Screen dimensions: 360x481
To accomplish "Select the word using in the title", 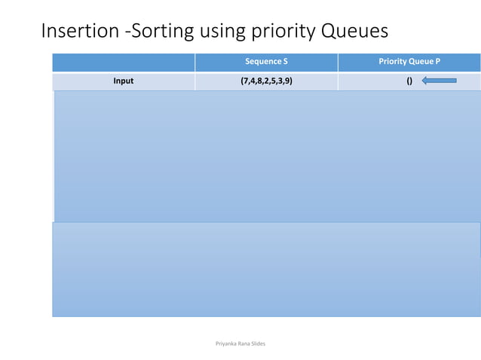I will [223, 32].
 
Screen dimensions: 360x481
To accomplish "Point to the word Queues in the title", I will [354, 32].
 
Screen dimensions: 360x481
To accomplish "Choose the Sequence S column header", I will [266, 62].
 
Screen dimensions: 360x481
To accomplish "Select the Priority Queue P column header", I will [409, 62].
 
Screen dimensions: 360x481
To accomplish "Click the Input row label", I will [123, 81].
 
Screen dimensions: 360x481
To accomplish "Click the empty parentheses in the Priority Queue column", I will [409, 81].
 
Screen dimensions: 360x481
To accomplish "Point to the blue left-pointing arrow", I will [440, 81].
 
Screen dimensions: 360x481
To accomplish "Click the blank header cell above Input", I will [123, 62].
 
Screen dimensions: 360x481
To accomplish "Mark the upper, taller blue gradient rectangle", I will [267, 156].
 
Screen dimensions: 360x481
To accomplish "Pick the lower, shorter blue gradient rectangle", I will [267, 270].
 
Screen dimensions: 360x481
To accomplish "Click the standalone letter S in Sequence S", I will [285, 62].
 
